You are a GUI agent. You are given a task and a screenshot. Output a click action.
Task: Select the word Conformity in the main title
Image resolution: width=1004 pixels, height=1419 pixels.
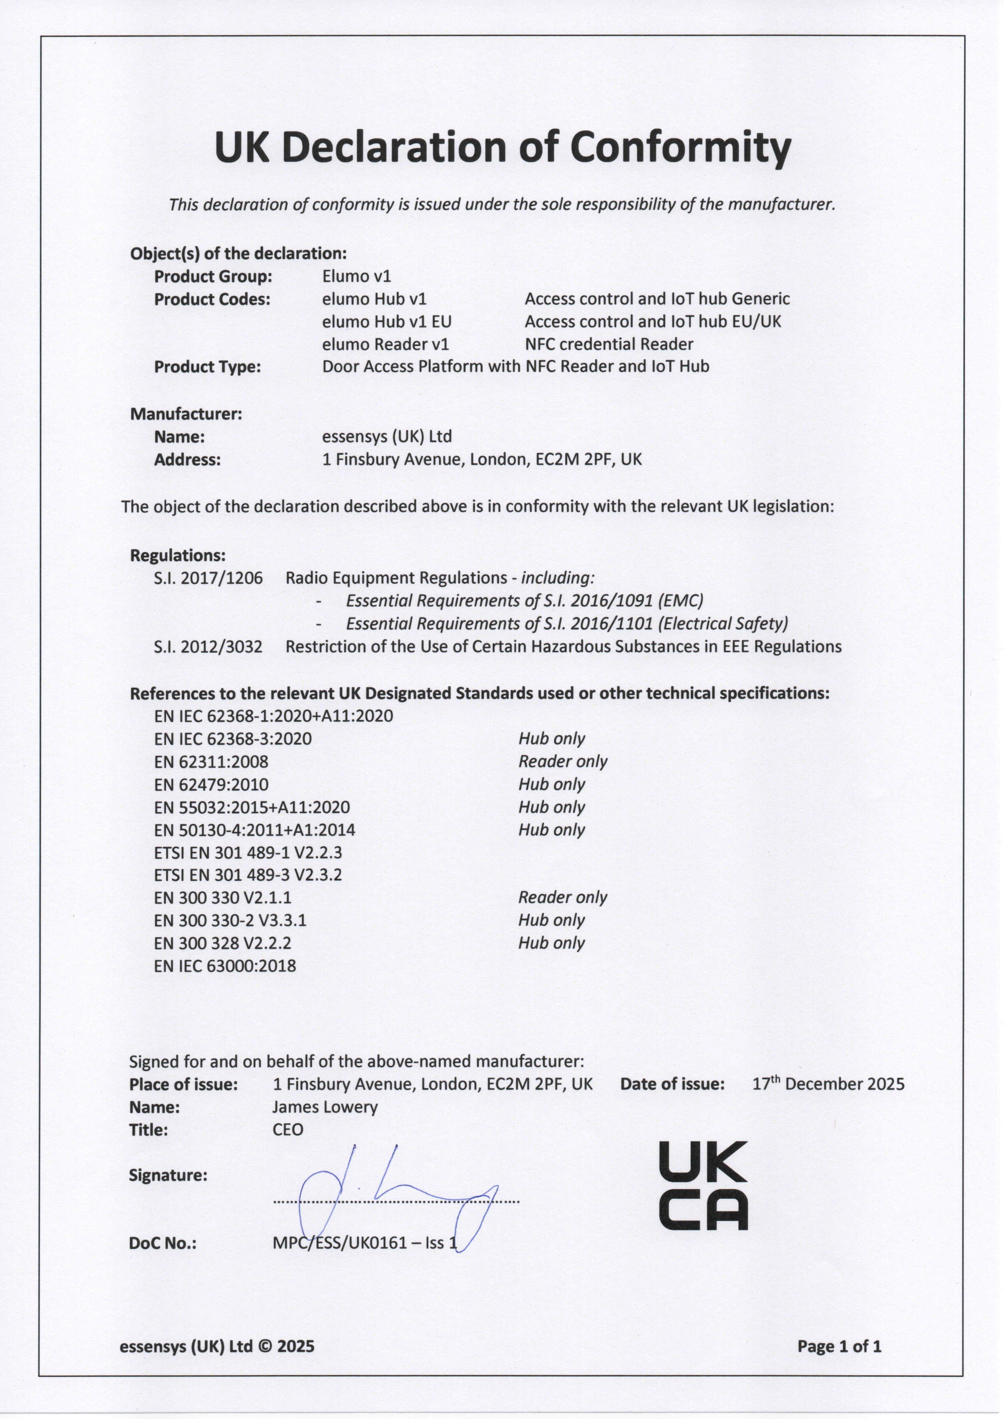[x=680, y=147]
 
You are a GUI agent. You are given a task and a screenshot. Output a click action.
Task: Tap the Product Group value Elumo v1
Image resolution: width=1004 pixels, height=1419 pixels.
[x=357, y=276]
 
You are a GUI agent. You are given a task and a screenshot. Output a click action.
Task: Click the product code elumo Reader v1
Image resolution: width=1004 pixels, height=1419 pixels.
[x=385, y=344]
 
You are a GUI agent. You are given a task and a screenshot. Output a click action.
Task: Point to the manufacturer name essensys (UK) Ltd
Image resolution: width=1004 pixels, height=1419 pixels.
[x=387, y=436]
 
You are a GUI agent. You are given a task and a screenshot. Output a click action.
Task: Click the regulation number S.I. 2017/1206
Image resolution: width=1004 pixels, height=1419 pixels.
[x=208, y=578]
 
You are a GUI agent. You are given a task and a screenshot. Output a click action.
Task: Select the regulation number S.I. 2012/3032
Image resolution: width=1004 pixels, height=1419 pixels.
[x=208, y=647]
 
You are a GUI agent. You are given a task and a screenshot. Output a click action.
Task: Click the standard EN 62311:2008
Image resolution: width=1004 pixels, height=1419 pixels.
[x=211, y=761]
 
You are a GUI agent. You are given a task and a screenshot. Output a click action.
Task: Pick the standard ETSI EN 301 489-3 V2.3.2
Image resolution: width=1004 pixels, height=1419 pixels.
[x=248, y=875]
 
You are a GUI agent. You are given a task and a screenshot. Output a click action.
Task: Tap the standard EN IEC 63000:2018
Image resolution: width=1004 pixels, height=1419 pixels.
[x=225, y=966]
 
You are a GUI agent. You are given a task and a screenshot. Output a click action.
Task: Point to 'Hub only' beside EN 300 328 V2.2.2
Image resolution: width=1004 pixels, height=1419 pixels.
[x=551, y=943]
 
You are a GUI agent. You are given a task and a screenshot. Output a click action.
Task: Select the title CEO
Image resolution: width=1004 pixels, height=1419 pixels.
[x=288, y=1130]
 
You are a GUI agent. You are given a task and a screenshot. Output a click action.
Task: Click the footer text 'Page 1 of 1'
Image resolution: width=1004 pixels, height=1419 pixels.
[x=839, y=1346]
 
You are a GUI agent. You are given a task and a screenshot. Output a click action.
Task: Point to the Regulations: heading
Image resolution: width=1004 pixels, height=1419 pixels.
[x=177, y=555]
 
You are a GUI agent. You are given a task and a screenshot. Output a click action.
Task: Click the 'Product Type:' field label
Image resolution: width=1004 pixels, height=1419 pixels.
[x=208, y=367]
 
